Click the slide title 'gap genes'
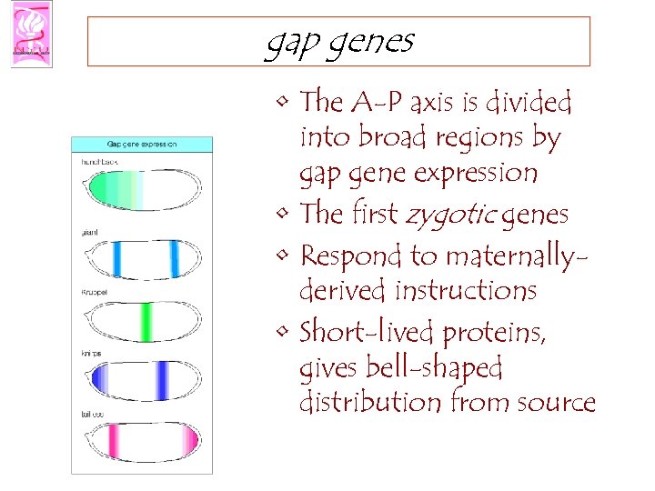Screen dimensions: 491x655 [x=338, y=42]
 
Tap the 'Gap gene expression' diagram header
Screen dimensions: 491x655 [x=142, y=144]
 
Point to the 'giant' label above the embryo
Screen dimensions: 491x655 [x=90, y=232]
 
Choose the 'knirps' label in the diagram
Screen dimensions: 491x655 [x=93, y=353]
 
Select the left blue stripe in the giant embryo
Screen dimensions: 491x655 [x=116, y=258]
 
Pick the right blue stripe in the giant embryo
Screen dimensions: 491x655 [x=174, y=258]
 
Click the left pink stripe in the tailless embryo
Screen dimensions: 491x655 [x=116, y=441]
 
